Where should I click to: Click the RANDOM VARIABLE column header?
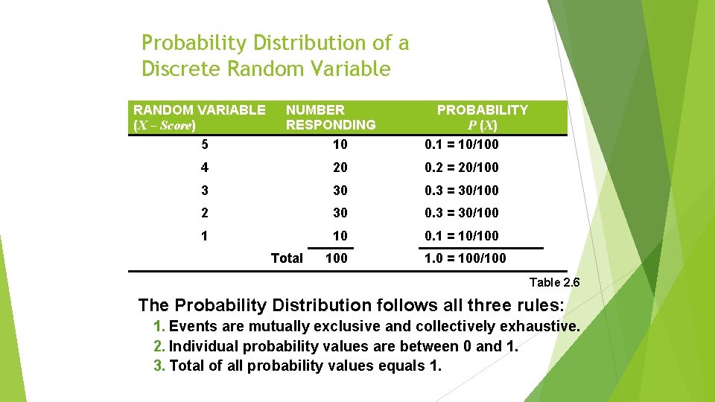(x=199, y=118)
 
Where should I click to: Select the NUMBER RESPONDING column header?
(x=331, y=118)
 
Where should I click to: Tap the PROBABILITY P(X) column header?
(x=482, y=118)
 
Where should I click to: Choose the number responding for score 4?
(x=340, y=167)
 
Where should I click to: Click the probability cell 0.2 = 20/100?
(x=462, y=167)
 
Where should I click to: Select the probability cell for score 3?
(x=462, y=190)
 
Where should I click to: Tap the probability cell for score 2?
(x=462, y=213)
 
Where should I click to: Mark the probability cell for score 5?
(x=462, y=144)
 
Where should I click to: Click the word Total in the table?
(x=287, y=258)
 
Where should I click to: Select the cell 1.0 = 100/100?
(x=465, y=258)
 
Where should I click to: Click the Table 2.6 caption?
(x=554, y=282)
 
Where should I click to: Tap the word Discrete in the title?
(x=181, y=69)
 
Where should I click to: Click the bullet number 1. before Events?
(x=159, y=326)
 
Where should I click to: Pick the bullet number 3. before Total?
(x=159, y=366)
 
